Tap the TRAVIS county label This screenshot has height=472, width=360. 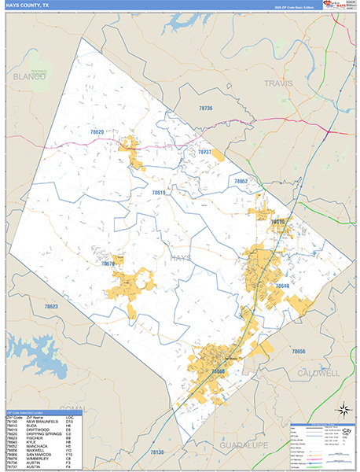point(277,83)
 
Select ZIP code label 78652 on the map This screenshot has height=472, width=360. point(240,182)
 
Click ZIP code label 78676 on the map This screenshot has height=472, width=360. point(108,264)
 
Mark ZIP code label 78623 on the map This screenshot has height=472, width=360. point(51,307)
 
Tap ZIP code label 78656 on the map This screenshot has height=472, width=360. point(299,351)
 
